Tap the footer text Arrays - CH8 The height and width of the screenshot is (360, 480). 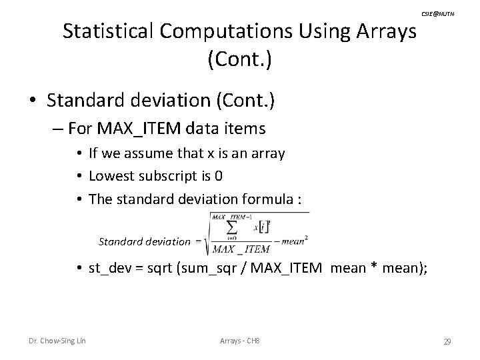(239, 342)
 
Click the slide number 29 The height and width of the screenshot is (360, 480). (447, 342)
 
